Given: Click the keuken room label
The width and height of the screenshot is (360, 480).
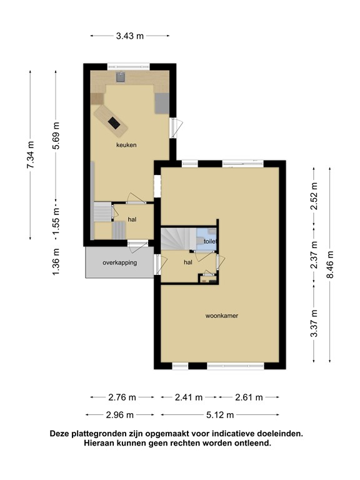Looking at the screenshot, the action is [126, 145].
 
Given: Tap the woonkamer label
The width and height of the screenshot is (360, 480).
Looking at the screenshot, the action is [222, 316].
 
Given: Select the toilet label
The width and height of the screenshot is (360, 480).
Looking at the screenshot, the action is [210, 241].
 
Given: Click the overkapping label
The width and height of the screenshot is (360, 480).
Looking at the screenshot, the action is [120, 262].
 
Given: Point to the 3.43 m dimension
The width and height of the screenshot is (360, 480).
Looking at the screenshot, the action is [130, 36].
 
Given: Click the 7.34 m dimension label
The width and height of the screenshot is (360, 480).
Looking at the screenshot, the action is [30, 155].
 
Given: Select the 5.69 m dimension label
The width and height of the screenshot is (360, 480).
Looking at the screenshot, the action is [56, 136].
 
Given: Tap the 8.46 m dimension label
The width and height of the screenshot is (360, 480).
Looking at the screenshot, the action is [330, 264].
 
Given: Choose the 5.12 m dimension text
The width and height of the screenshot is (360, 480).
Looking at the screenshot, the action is [220, 415].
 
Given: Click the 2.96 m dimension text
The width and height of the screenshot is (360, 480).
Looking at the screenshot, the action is [120, 415].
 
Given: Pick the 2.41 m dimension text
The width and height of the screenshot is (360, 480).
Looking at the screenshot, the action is [189, 397].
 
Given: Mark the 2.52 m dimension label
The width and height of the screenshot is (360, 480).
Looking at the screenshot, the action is [314, 196].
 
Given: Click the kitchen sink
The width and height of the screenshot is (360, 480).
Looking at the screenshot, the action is [121, 77].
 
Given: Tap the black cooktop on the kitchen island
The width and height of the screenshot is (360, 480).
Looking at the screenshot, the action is [114, 122].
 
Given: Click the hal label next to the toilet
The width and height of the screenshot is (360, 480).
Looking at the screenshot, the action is [188, 262].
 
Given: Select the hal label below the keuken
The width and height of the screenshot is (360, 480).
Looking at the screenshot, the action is [132, 219].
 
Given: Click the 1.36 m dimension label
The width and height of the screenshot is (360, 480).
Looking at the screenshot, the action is [56, 262].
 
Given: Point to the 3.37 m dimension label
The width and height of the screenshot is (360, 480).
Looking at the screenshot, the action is [314, 323].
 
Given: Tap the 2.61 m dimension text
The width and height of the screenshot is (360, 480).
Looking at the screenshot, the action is [249, 397].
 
